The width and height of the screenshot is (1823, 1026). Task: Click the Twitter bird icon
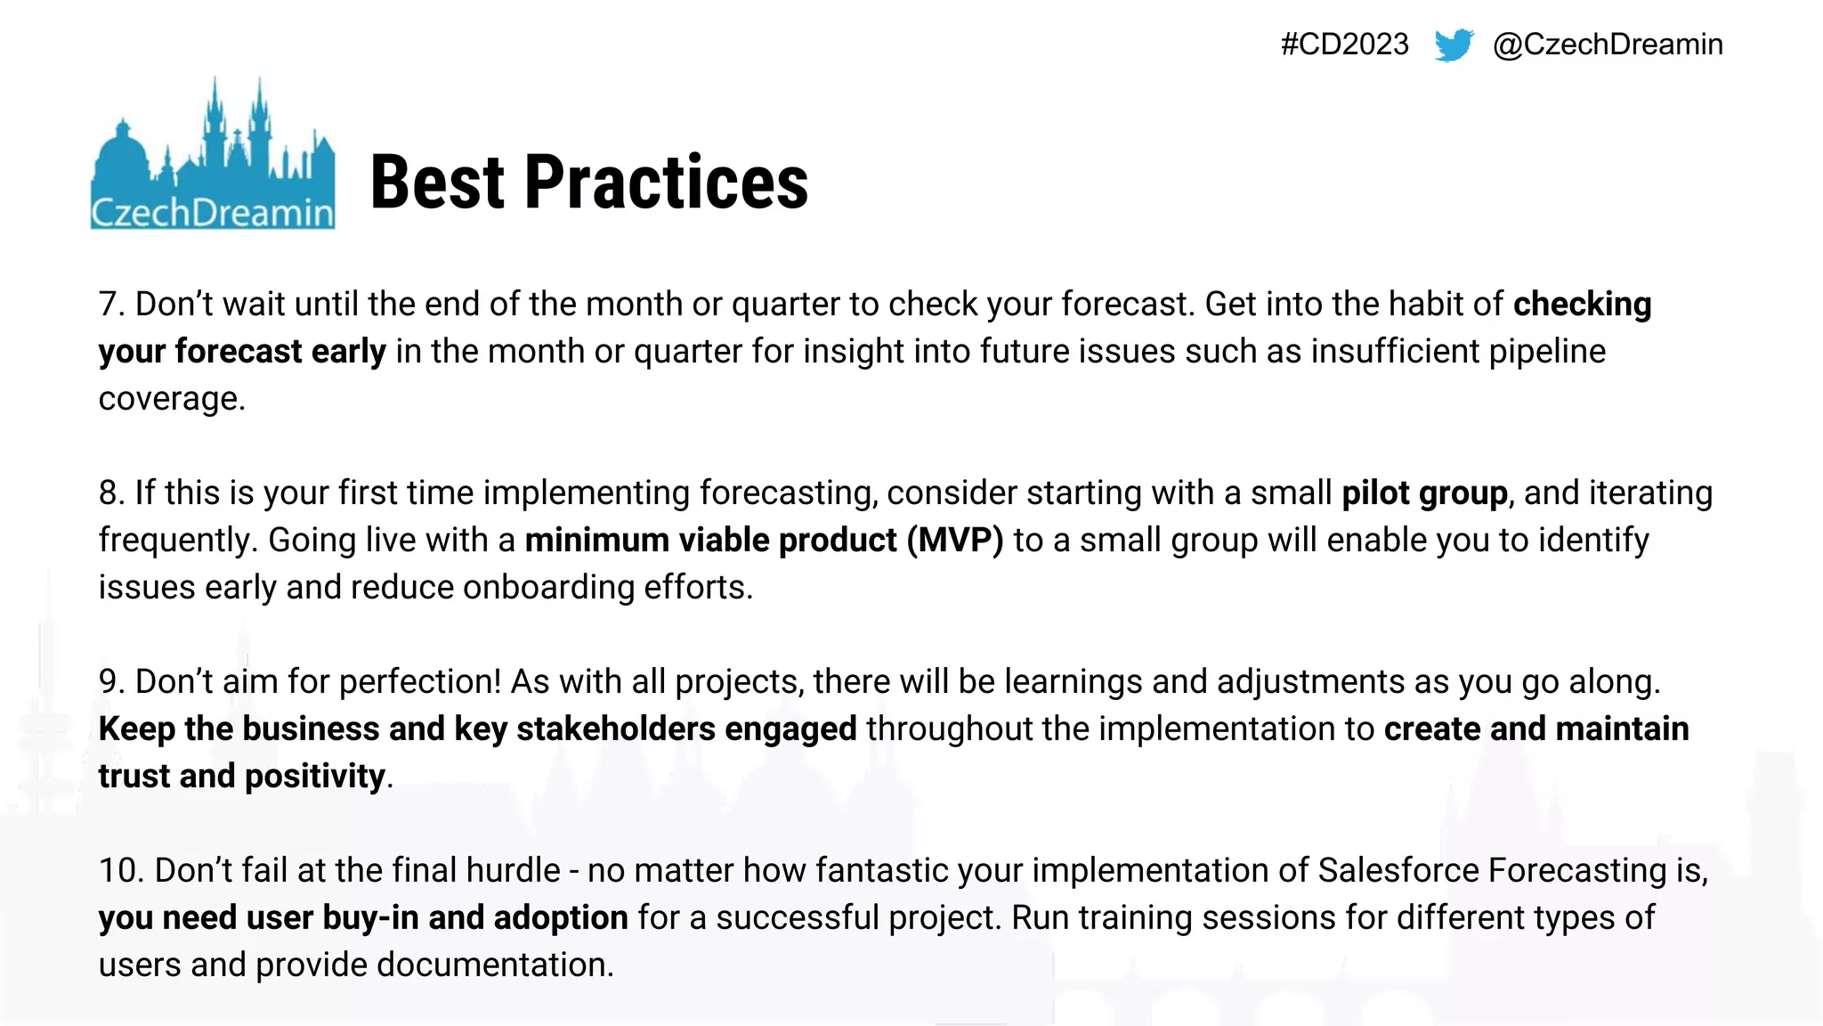pyautogui.click(x=1454, y=45)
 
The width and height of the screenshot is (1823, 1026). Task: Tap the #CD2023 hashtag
pyautogui.click(x=1344, y=45)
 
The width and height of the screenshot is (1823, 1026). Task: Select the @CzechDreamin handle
pyautogui.click(x=1608, y=45)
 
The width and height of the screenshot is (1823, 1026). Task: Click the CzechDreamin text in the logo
pyautogui.click(x=212, y=213)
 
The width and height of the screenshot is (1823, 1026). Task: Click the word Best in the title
pyautogui.click(x=438, y=183)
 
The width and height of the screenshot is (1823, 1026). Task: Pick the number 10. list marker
pyautogui.click(x=121, y=871)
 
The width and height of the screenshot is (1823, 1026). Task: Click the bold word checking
pyautogui.click(x=1582, y=305)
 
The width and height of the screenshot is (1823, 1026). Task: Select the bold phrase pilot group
pyautogui.click(x=1424, y=493)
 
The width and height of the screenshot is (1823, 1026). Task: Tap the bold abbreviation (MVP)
pyautogui.click(x=955, y=541)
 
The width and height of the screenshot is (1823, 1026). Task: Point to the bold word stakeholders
pyautogui.click(x=615, y=729)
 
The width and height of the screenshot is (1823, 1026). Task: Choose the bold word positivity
pyautogui.click(x=314, y=777)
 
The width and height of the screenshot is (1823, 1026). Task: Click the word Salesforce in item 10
pyautogui.click(x=1398, y=871)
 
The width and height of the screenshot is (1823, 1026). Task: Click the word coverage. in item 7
pyautogui.click(x=172, y=399)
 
